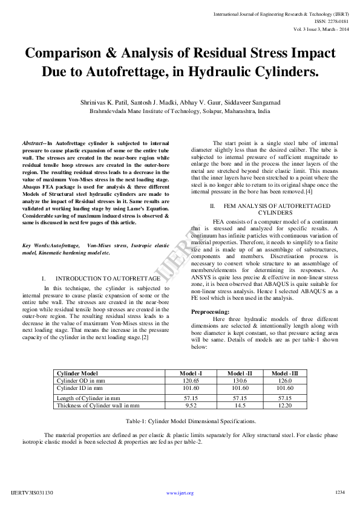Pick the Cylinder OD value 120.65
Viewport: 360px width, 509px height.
(191, 381)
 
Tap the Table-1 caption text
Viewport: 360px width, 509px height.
(190, 421)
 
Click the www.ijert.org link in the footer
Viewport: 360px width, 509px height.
(180, 493)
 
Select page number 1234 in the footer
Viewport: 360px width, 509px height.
(339, 493)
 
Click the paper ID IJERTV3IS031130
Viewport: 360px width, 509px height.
(32, 493)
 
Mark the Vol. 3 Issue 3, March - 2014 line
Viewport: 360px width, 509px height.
(322, 28)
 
